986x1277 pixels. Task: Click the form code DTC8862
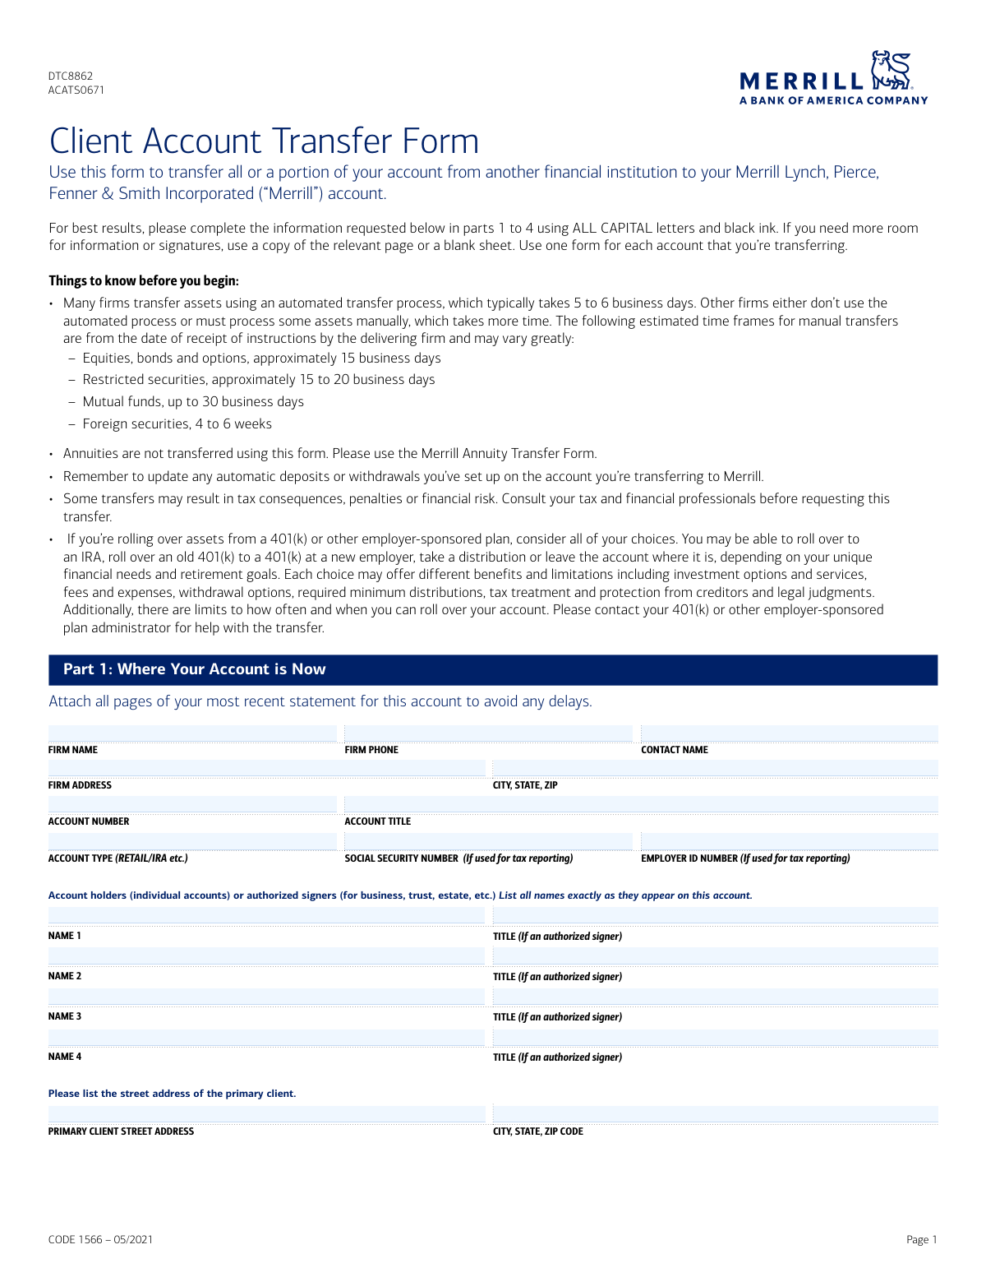pos(71,76)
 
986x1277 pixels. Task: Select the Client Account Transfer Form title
pos(264,141)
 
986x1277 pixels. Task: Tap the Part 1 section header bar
pos(493,669)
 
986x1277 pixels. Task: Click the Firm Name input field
pos(192,733)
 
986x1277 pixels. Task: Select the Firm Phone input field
pos(488,733)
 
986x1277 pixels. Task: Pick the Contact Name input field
pos(789,733)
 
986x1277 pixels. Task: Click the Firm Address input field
pos(266,768)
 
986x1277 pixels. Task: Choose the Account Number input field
pos(192,804)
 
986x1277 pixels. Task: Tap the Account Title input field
pos(641,804)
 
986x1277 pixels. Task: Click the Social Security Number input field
pos(488,840)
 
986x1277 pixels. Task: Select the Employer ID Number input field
pos(789,840)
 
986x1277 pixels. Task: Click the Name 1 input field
pos(266,916)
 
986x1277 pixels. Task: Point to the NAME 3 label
pos(65,1016)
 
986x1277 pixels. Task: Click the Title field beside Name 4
pos(715,1038)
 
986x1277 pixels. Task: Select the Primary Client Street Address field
pos(266,1114)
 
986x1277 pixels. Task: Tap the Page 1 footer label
pos(921,1240)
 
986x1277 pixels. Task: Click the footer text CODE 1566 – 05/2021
pos(100,1240)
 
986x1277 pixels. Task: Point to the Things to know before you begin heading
pos(144,281)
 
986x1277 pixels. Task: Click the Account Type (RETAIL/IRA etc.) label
pos(118,858)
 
